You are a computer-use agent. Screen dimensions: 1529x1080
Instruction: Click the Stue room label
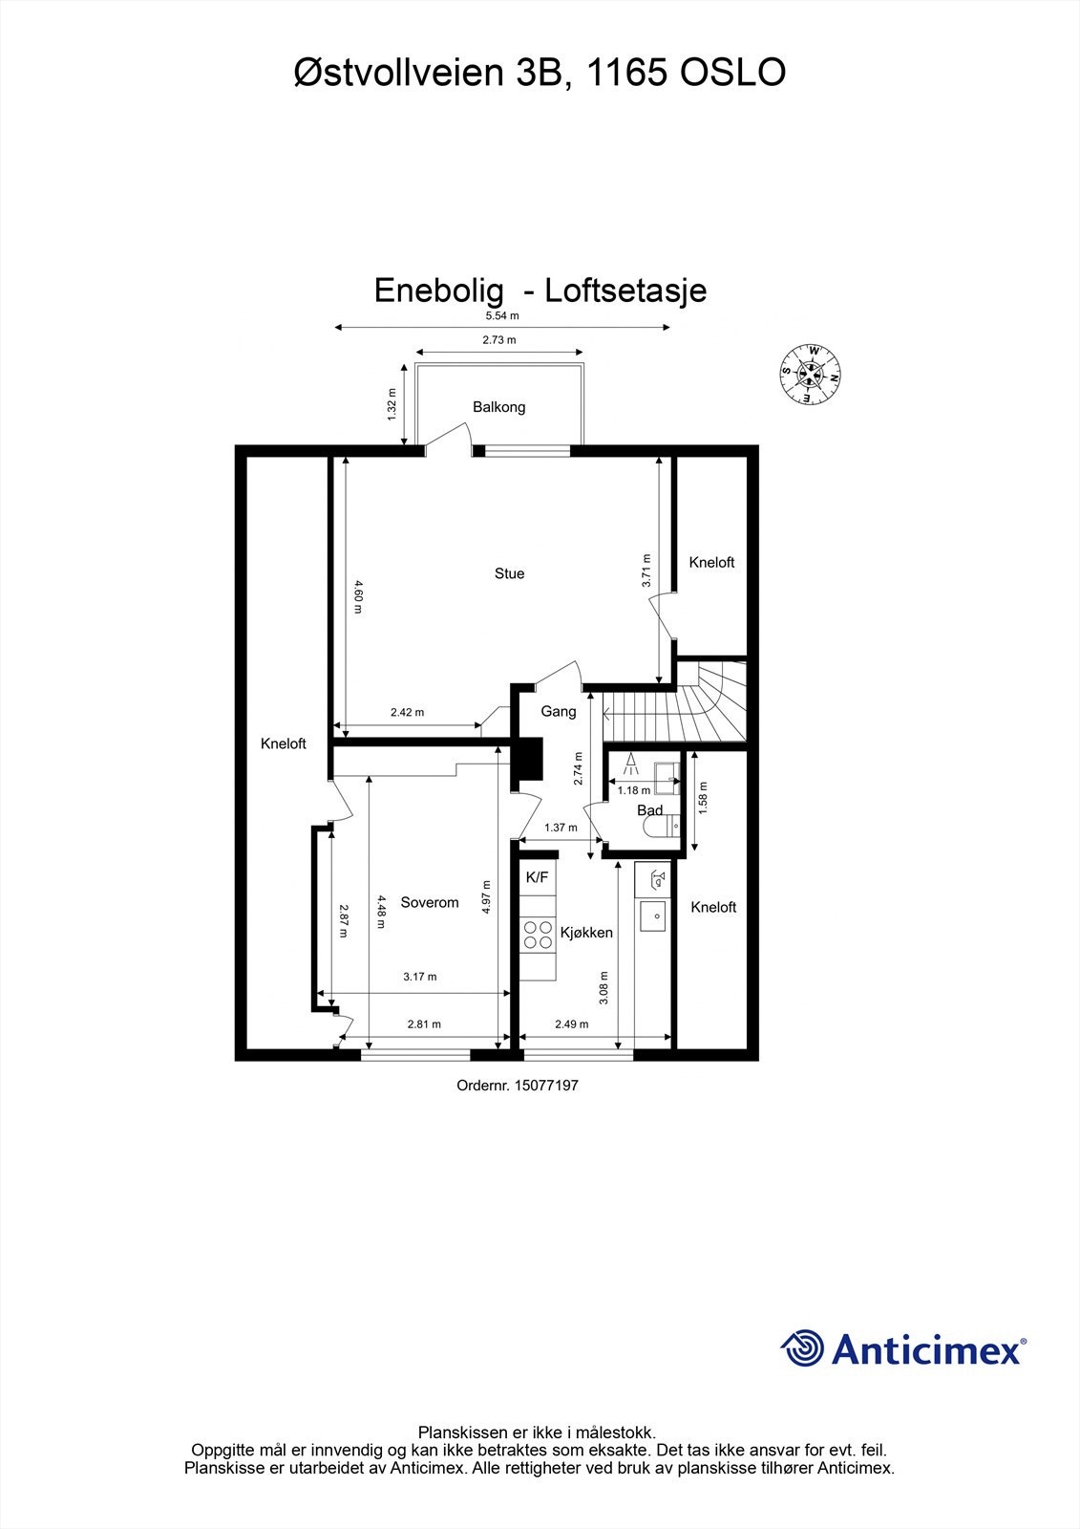509,573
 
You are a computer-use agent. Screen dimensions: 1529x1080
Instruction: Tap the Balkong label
498,407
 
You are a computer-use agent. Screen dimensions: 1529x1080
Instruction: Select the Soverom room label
430,902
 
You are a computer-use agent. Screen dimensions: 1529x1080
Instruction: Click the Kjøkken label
586,932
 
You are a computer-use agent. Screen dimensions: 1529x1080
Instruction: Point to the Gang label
559,711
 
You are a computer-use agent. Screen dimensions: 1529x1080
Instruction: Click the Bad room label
649,810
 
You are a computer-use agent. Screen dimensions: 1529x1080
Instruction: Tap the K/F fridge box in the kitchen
538,877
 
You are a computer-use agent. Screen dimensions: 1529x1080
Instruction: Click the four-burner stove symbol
538,934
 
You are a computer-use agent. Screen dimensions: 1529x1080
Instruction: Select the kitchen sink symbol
655,915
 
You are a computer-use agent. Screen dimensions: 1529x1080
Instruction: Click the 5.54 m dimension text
501,315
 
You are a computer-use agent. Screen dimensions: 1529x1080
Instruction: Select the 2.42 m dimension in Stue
407,712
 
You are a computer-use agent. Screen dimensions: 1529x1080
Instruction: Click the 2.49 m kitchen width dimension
571,1023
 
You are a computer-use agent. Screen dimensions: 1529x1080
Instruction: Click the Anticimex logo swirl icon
802,1348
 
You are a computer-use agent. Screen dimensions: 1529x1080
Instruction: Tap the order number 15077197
546,1086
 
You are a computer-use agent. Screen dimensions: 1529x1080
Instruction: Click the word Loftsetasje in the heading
625,291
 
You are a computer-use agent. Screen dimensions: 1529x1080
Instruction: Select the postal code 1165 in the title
625,74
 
